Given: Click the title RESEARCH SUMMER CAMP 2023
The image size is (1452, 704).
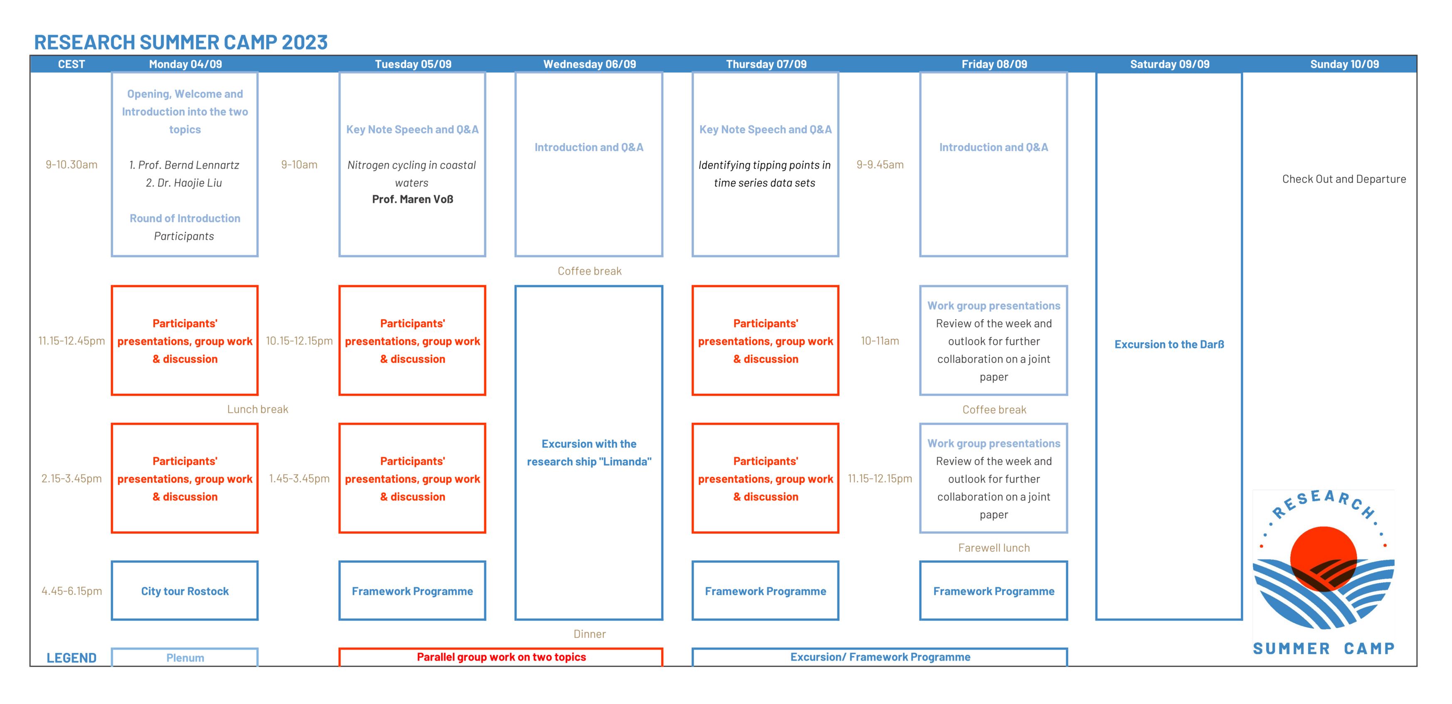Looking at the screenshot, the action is (x=180, y=42).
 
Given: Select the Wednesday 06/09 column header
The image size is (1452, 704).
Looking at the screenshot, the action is (x=589, y=64).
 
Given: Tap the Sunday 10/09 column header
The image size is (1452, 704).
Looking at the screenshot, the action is (x=1344, y=64).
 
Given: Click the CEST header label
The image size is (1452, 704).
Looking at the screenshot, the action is (x=72, y=64).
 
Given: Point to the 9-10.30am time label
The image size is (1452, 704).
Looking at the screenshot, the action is (x=72, y=164).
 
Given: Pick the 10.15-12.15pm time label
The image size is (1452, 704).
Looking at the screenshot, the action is (x=299, y=341).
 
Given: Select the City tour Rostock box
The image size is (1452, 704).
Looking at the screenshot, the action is (x=185, y=591).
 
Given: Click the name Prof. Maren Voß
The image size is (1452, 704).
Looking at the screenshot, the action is (x=412, y=199).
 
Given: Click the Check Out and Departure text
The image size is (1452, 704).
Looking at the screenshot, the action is (x=1344, y=179).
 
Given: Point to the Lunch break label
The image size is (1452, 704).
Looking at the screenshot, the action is (x=258, y=410).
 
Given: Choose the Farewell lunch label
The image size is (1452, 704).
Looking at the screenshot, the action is (x=994, y=548).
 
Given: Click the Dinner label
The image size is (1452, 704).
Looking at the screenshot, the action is (x=590, y=634).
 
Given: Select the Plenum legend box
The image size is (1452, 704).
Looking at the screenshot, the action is (x=185, y=657).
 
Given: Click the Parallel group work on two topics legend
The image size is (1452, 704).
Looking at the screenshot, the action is (x=501, y=657).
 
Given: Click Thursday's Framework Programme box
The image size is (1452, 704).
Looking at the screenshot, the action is (x=766, y=591).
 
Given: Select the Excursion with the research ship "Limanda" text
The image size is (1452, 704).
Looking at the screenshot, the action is (x=589, y=453).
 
